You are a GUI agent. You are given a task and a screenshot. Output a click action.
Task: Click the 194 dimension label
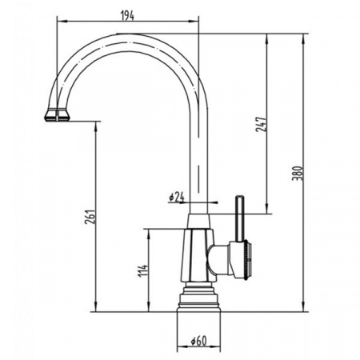128,16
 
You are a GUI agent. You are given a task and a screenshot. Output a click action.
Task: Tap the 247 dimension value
261,124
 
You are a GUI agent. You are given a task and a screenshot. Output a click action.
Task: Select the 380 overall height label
298,173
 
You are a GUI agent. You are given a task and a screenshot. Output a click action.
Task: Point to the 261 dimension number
90,217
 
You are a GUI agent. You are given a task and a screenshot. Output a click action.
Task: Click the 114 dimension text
142,270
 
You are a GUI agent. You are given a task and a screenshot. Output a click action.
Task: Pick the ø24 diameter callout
177,197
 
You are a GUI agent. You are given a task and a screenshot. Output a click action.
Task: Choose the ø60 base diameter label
199,341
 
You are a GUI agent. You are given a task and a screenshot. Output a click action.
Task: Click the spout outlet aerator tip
57,115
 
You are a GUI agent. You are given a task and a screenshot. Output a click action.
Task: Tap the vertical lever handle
239,218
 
